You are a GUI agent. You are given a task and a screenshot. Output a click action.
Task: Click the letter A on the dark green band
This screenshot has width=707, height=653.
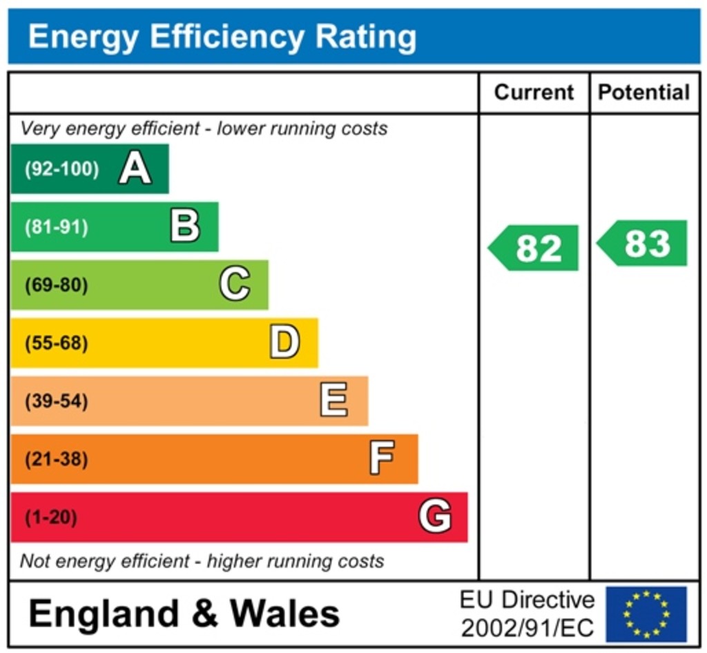pos(135,168)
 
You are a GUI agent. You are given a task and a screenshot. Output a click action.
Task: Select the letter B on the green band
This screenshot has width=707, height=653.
pos(185,226)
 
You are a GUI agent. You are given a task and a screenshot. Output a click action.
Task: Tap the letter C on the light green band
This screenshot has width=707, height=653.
pos(235,284)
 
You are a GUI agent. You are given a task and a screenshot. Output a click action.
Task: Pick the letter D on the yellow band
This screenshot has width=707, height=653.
pos(284,342)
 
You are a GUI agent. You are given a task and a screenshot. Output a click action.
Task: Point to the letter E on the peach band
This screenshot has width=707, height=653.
pos(334,400)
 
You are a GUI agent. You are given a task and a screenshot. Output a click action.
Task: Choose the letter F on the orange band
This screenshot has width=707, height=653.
pos(382,458)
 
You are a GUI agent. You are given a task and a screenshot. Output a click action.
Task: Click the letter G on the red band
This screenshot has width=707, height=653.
pos(435,517)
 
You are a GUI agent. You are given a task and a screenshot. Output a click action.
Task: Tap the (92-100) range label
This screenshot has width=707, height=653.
pos(61,169)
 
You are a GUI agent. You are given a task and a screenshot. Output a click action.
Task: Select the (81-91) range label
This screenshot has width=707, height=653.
pos(57,227)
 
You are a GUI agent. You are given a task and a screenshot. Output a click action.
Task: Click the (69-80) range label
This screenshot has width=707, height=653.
pos(57,285)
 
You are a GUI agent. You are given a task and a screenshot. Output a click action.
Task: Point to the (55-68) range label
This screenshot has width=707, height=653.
pos(57,343)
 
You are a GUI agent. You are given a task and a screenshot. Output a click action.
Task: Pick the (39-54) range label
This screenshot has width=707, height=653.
pos(57,401)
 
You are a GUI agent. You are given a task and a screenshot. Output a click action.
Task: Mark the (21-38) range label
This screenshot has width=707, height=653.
pos(57,459)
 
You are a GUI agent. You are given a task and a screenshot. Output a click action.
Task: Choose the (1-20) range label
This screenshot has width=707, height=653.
pos(51,517)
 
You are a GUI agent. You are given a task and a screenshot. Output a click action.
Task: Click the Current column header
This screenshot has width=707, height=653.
pos(534,92)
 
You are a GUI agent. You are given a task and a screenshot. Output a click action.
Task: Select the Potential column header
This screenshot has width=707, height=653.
pos(643,92)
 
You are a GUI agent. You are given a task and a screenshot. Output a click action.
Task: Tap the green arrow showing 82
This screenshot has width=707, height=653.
pos(534,248)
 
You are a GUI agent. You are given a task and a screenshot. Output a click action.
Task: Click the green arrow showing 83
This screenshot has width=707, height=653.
pos(643,243)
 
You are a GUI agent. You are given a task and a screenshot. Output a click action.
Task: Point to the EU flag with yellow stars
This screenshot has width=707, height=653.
pos(646,614)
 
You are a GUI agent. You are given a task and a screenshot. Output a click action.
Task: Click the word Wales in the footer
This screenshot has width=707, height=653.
pos(284,613)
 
